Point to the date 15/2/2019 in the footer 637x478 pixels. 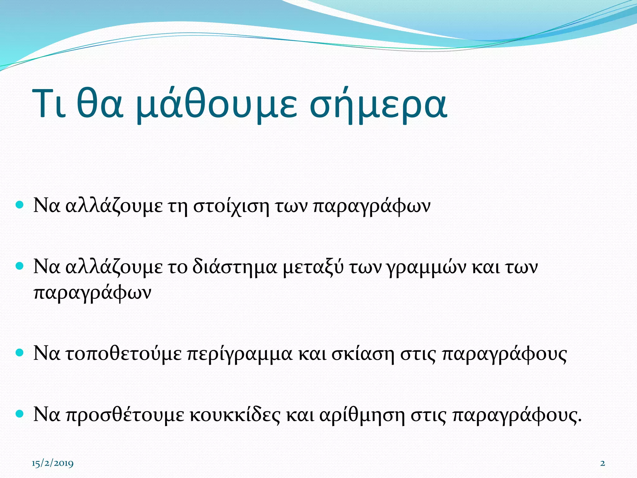53,463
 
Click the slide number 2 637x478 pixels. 602,463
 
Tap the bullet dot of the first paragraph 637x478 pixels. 20,205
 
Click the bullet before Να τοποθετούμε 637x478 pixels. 20,353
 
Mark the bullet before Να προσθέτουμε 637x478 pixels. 20,414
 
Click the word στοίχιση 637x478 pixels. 231,206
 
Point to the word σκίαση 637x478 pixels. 363,354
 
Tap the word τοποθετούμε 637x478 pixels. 124,354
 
